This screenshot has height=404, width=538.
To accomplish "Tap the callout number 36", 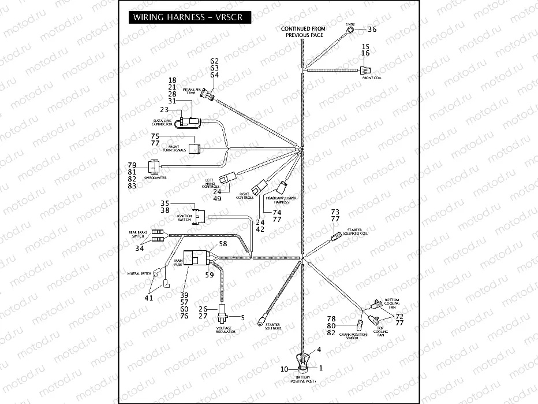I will coord(372,29).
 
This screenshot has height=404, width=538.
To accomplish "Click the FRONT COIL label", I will coord(371,77).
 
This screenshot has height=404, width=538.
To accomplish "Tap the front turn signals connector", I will coord(194,148).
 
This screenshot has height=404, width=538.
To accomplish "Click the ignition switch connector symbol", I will coord(200,216).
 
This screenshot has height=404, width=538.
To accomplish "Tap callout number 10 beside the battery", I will coord(284,369).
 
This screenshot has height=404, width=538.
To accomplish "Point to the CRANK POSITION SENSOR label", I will coord(353,336).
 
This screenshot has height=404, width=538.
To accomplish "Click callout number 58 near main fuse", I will coord(223,244).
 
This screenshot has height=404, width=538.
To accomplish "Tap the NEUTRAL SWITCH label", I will coord(139,273).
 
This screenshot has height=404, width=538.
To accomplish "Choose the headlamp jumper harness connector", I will coord(283,186).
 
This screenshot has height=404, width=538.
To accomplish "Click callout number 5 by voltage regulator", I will coord(242,317).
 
